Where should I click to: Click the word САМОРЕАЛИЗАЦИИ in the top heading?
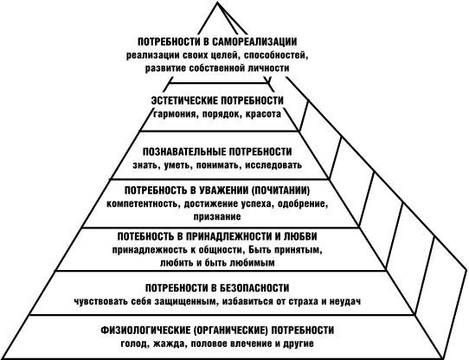coord(254,42)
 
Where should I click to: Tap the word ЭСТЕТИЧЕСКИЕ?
coord(184,100)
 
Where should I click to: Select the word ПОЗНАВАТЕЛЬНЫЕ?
coord(183,151)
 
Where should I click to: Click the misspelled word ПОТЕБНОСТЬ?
coord(146,236)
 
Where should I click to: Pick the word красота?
coord(263,114)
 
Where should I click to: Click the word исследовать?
coord(273,165)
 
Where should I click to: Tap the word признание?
coord(217,216)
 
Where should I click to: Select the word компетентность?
coord(143,204)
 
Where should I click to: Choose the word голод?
coord(136,344)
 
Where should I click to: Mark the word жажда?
coord(168,344)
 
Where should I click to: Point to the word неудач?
coord(345,301)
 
